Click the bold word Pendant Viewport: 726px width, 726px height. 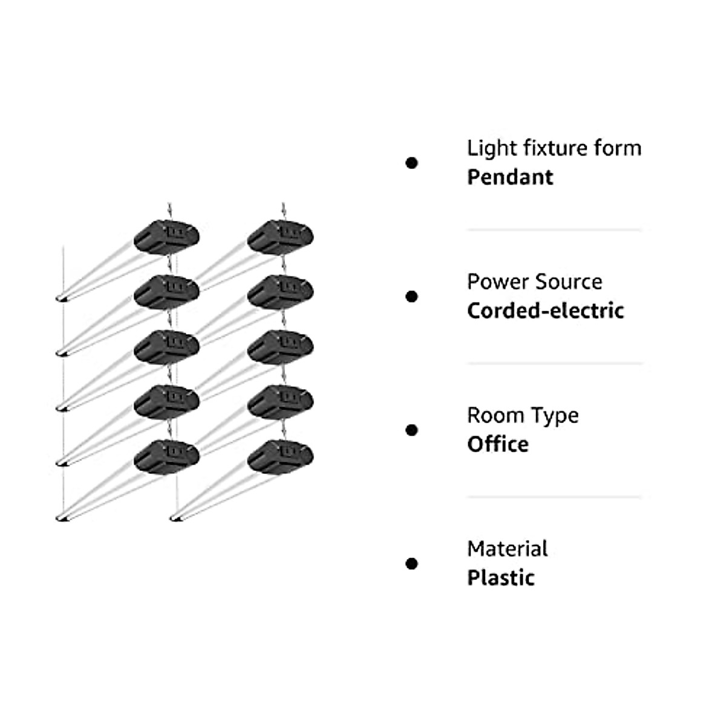point(510,177)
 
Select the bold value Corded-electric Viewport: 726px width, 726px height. point(545,311)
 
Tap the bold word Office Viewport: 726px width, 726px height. point(498,445)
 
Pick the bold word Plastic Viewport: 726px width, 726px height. point(501,578)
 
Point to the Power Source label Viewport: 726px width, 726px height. point(534,282)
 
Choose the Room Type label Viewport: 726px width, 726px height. point(523,416)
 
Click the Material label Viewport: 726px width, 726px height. point(507,549)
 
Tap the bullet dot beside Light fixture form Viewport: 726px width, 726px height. point(412,163)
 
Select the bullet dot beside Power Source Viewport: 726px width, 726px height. point(412,296)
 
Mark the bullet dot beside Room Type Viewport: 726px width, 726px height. point(412,430)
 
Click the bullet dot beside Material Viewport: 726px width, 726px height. point(412,564)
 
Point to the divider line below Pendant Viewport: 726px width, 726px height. point(554,230)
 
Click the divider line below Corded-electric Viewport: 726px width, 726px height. point(554,364)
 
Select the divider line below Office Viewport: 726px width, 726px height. point(554,497)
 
